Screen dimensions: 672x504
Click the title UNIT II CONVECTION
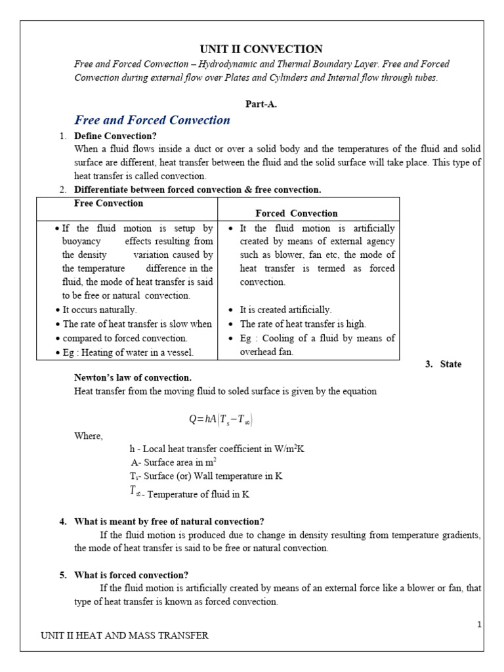[x=261, y=49]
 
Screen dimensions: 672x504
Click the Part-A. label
[x=261, y=104]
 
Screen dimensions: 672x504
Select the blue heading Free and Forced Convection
[x=152, y=120]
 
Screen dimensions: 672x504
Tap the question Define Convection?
[x=115, y=136]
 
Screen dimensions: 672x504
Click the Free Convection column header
[x=108, y=203]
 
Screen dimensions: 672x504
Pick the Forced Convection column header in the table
[x=296, y=213]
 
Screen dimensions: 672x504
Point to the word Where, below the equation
[x=89, y=436]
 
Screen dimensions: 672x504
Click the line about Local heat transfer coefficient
[x=217, y=449]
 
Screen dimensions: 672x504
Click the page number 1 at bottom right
[x=479, y=623]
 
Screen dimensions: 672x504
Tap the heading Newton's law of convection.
[x=133, y=377]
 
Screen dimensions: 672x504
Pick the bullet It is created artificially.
[x=285, y=310]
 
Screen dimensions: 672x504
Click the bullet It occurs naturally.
[x=99, y=310]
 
